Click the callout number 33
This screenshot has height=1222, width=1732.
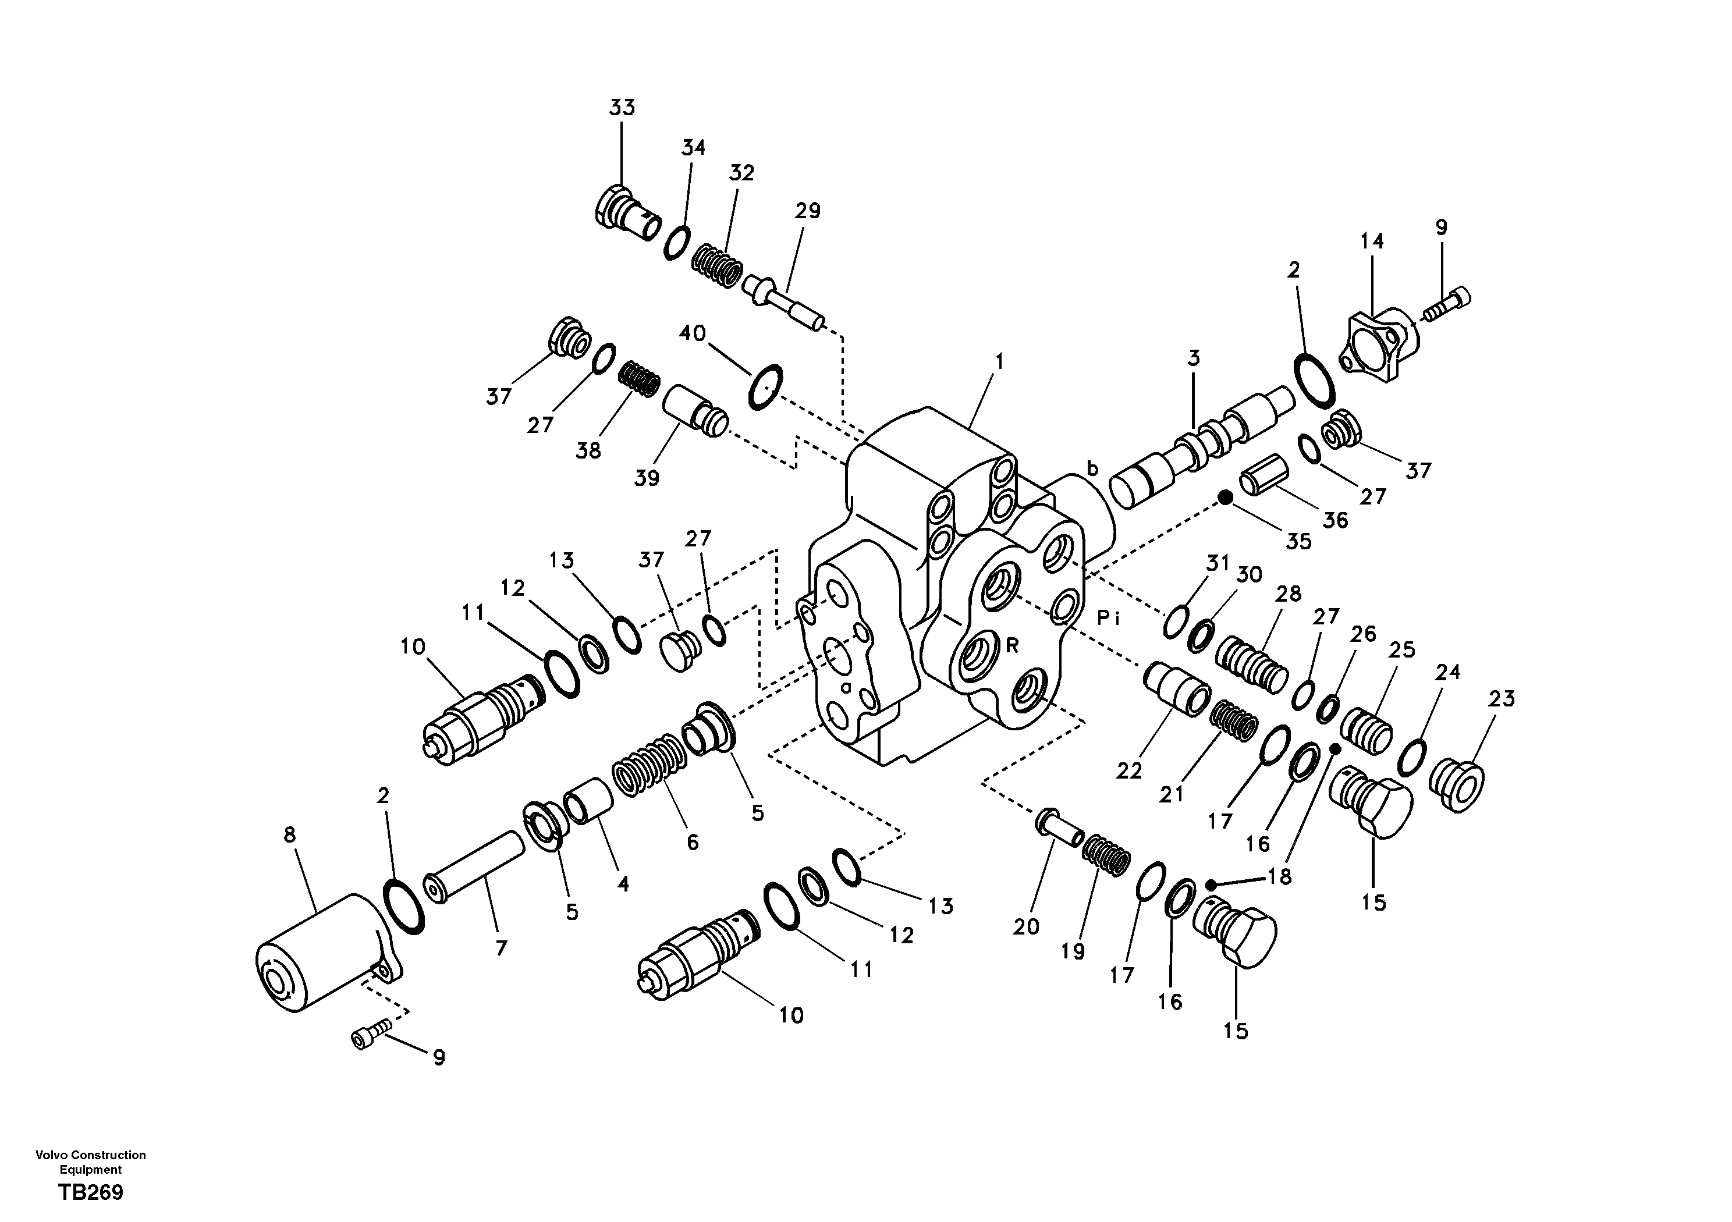tap(622, 108)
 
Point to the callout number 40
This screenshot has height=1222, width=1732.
tap(693, 333)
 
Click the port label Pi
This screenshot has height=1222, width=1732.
tap(1109, 619)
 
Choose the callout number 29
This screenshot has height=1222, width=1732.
tap(807, 211)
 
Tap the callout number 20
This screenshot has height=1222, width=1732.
tap(1026, 926)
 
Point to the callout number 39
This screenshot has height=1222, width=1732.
tap(647, 478)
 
